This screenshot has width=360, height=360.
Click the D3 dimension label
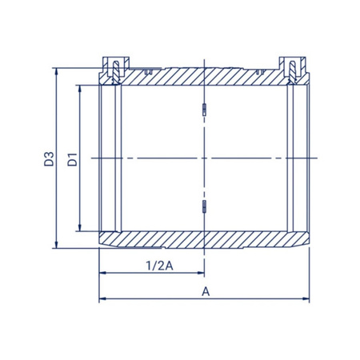click(x=49, y=159)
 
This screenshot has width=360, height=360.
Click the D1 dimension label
click(x=72, y=159)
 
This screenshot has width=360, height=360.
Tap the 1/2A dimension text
click(x=159, y=266)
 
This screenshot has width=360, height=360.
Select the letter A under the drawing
click(x=206, y=292)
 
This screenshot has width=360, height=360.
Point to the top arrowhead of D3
click(x=56, y=71)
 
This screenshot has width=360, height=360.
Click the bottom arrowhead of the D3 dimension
click(x=56, y=245)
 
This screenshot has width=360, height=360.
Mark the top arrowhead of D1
click(x=80, y=89)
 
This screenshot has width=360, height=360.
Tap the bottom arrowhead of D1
click(x=80, y=227)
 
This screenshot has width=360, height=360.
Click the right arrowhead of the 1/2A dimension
click(x=201, y=273)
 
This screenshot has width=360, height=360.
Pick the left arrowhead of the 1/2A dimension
click(x=103, y=273)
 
